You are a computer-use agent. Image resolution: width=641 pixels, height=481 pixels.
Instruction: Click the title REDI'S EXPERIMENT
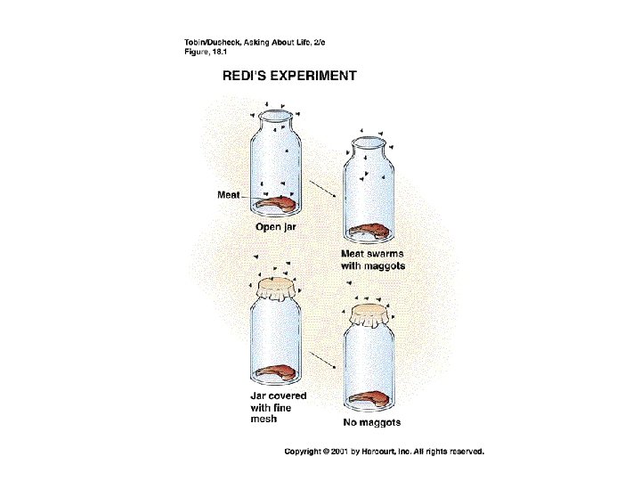pyautogui.click(x=289, y=76)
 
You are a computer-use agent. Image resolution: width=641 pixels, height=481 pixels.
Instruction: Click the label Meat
pyautogui.click(x=228, y=195)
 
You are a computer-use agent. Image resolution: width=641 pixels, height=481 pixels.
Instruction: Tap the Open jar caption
pyautogui.click(x=276, y=227)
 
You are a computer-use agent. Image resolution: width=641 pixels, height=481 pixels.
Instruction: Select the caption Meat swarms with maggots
pyautogui.click(x=372, y=259)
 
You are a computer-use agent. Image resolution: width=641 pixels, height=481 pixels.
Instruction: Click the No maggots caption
pyautogui.click(x=372, y=422)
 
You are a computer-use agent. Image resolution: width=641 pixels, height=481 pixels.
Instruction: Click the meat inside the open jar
pyautogui.click(x=276, y=204)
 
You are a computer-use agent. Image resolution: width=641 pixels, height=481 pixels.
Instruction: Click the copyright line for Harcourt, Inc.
pyautogui.click(x=384, y=452)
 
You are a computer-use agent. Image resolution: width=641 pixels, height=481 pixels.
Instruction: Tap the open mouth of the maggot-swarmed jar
pyautogui.click(x=371, y=143)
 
